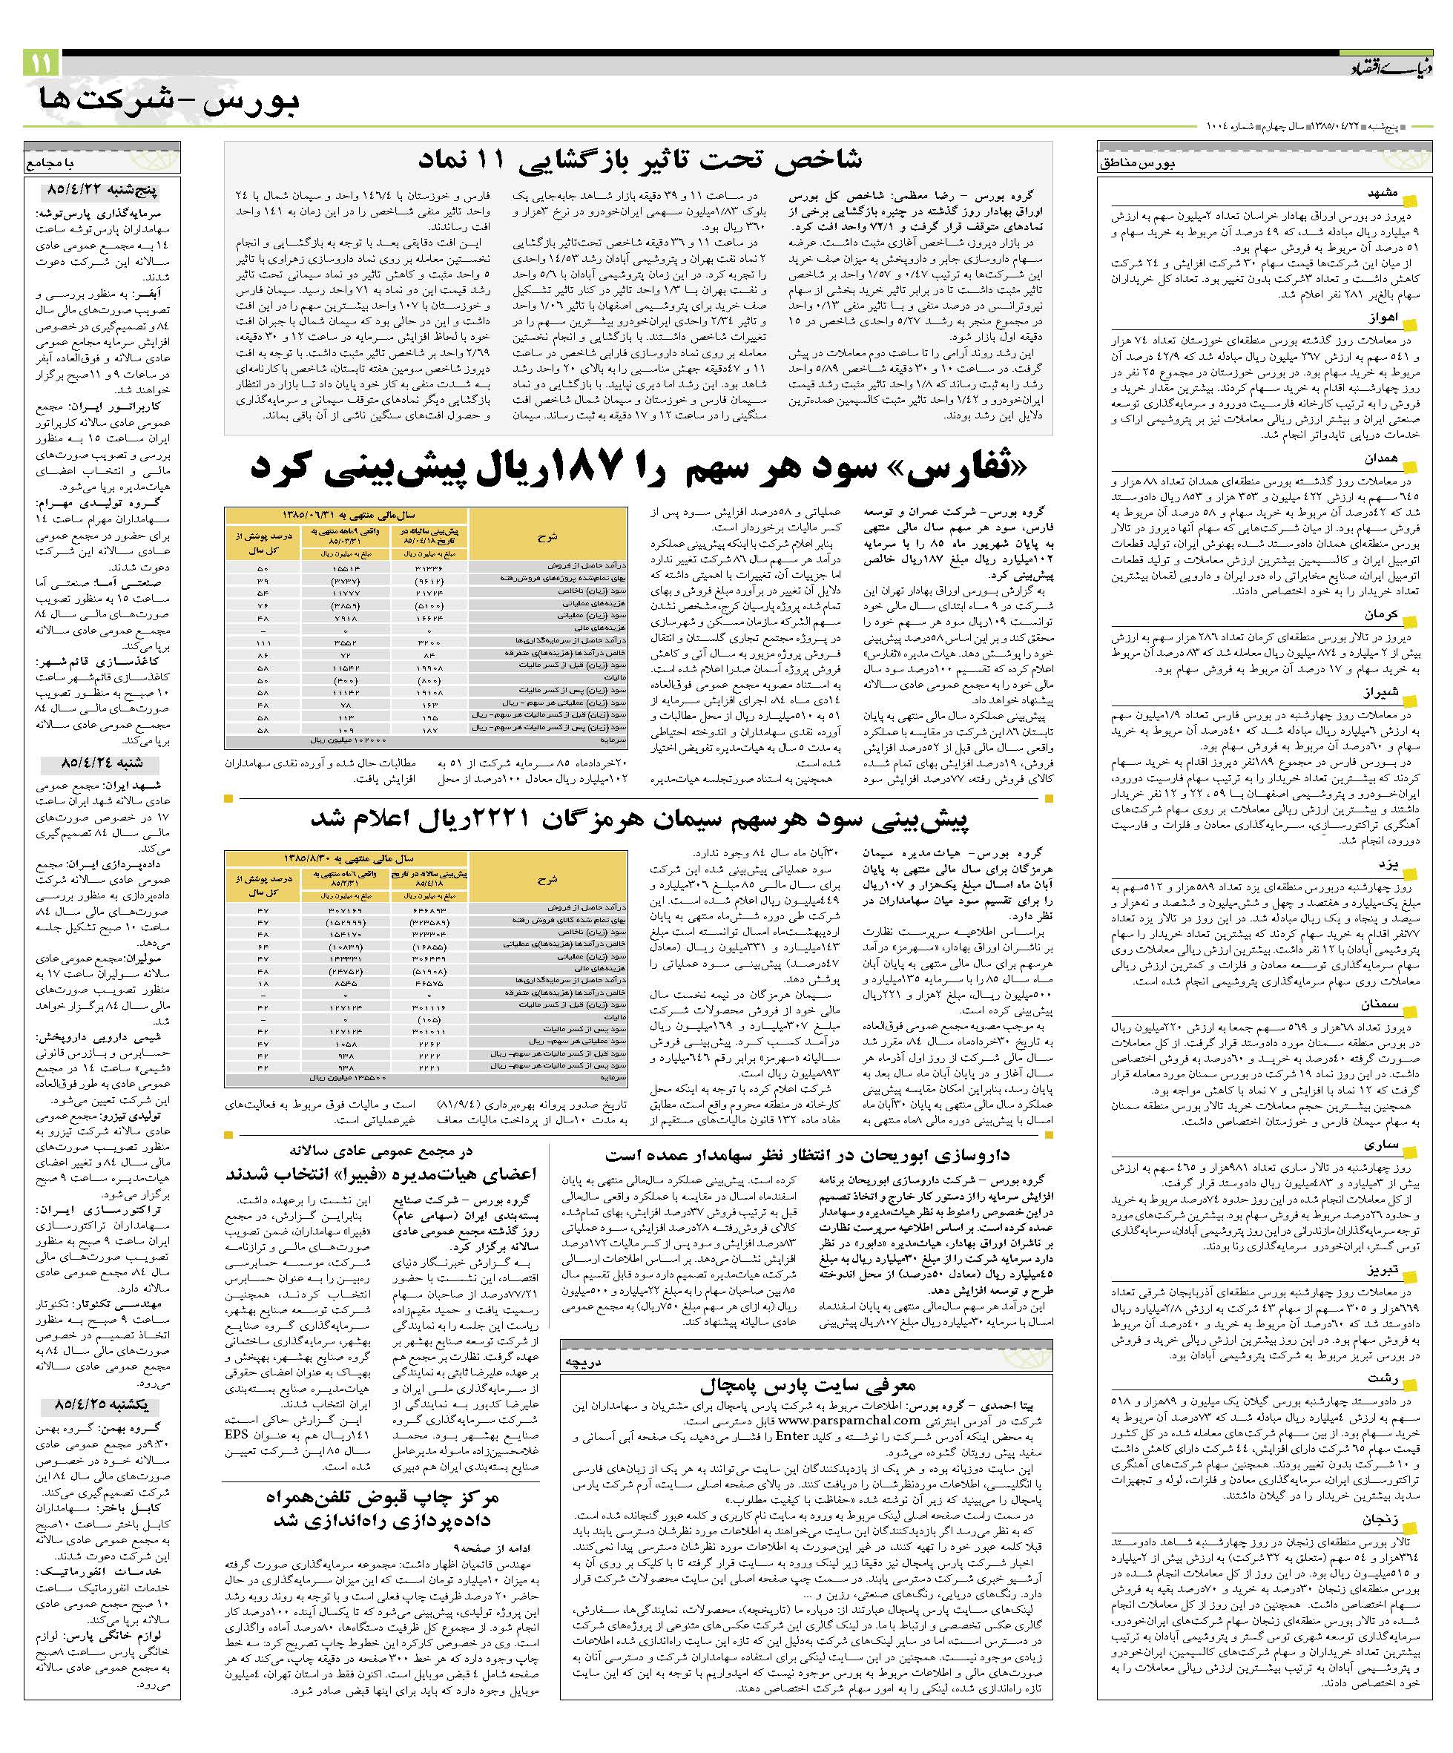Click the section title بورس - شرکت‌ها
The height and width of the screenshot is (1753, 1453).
pos(168,102)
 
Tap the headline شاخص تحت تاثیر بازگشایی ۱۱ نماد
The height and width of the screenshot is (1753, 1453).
pos(639,159)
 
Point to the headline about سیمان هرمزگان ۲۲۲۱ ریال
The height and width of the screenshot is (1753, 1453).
pos(639,819)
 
